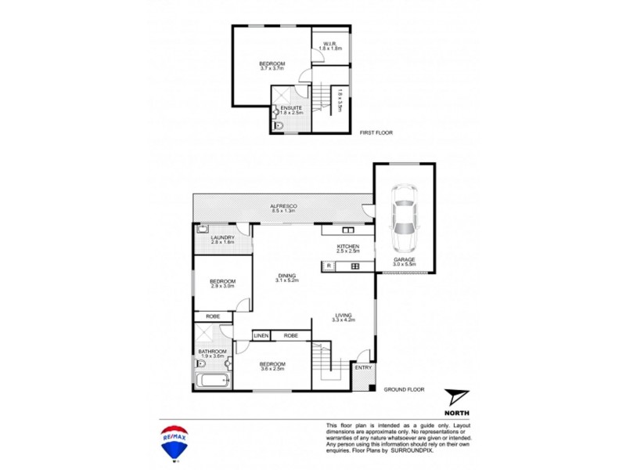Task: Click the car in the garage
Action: (405, 213)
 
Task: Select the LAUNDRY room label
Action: (223, 238)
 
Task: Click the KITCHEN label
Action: (347, 247)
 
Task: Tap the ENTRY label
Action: (363, 367)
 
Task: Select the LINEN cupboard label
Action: (261, 335)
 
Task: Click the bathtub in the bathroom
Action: (213, 382)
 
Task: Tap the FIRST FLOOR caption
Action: (376, 133)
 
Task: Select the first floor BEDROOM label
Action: (272, 63)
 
